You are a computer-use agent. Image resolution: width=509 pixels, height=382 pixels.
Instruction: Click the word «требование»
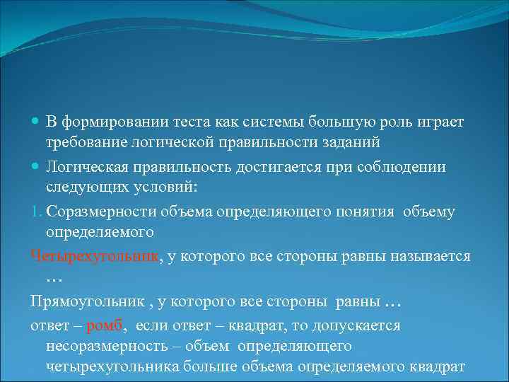(x=86, y=142)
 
